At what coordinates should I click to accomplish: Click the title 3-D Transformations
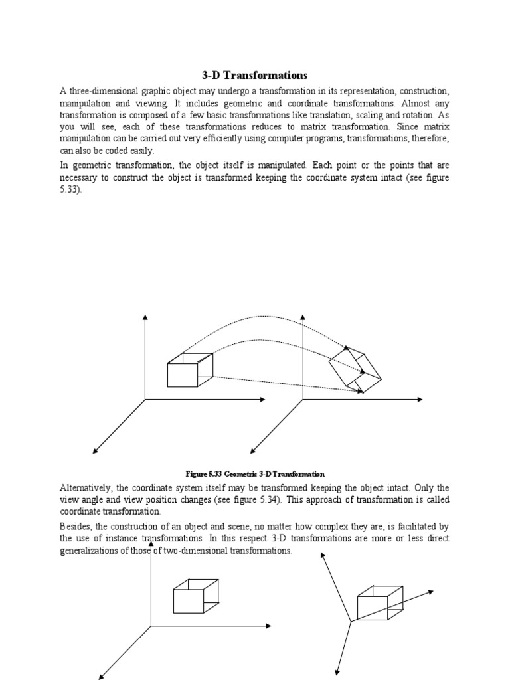[255, 76]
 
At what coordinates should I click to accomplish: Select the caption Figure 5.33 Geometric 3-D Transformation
[255, 474]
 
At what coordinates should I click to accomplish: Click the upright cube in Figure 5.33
[190, 371]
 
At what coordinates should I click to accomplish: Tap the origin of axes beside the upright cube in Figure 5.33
[145, 400]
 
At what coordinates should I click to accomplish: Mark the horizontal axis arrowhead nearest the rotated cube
[419, 400]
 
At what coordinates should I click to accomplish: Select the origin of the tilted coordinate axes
[351, 622]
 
